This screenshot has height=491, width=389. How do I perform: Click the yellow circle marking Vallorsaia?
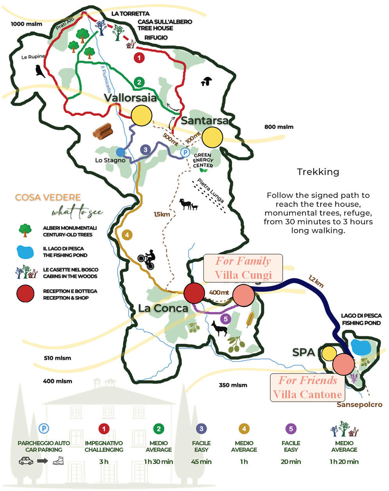click(x=141, y=116)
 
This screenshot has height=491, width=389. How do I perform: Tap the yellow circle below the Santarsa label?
click(x=213, y=137)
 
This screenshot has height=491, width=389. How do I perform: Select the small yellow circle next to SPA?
click(x=329, y=353)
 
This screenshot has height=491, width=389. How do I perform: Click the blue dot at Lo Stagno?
click(x=121, y=152)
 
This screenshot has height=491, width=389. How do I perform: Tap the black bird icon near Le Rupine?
click(x=39, y=70)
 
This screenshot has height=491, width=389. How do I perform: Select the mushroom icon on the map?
click(x=206, y=81)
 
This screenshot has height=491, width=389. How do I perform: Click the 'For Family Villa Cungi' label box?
click(x=243, y=268)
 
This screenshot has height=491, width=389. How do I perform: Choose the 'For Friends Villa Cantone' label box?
click(x=308, y=388)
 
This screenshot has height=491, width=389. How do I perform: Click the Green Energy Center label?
click(x=204, y=161)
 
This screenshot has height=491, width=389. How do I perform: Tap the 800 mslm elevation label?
click(x=279, y=127)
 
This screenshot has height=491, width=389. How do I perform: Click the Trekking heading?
click(x=318, y=172)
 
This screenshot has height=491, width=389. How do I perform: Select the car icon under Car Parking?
click(x=26, y=461)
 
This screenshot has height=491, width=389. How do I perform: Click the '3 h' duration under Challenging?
click(x=104, y=462)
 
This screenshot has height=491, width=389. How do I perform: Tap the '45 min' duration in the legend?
click(x=201, y=462)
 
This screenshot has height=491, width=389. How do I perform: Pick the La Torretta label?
click(x=130, y=14)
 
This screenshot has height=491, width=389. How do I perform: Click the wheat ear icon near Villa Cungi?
click(x=250, y=319)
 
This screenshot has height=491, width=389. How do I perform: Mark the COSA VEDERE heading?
click(x=48, y=197)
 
